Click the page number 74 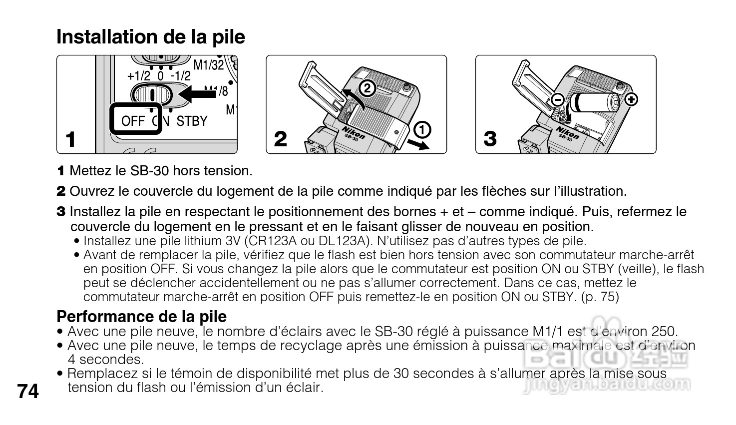pyautogui.click(x=28, y=391)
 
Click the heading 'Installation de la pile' pyautogui.click(x=151, y=37)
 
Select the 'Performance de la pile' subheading pyautogui.click(x=141, y=316)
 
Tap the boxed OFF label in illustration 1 pyautogui.click(x=133, y=120)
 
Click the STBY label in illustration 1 pyautogui.click(x=192, y=121)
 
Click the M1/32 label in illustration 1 pyautogui.click(x=208, y=64)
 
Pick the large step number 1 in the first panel pyautogui.click(x=71, y=139)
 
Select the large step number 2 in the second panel pyautogui.click(x=281, y=139)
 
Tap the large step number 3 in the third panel pyautogui.click(x=490, y=139)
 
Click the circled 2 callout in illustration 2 pyautogui.click(x=367, y=88)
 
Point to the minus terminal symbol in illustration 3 pyautogui.click(x=558, y=100)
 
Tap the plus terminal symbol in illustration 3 pyautogui.click(x=632, y=99)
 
